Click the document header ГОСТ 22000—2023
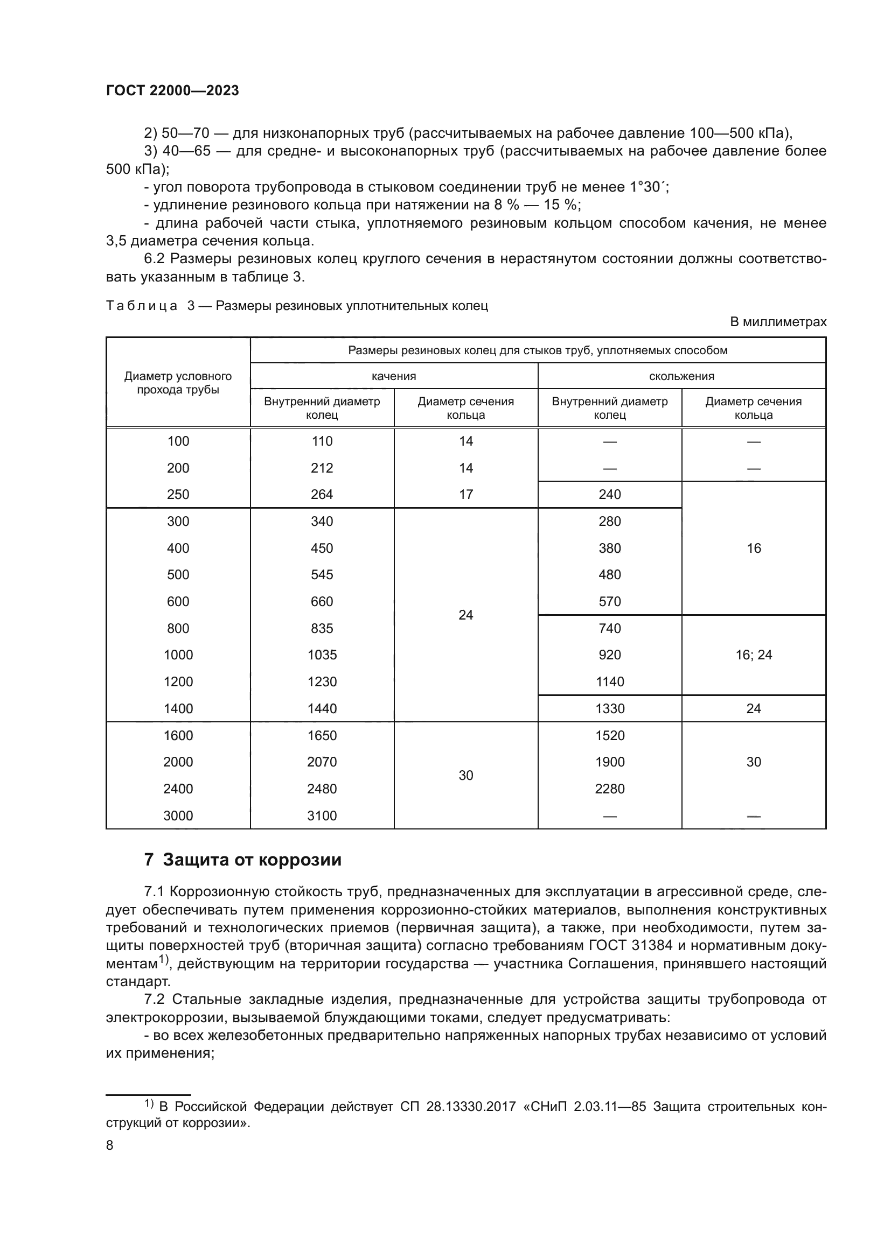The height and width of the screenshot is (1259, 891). tap(172, 91)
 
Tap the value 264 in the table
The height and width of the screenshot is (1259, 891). tap(322, 495)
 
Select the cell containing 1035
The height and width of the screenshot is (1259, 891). tap(322, 655)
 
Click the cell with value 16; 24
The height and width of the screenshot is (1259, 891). tap(753, 655)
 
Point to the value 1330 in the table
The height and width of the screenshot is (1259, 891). tap(610, 708)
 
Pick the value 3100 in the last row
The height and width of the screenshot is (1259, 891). tap(322, 815)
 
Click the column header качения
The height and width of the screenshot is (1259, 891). tap(393, 376)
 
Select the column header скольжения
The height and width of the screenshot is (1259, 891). tap(681, 376)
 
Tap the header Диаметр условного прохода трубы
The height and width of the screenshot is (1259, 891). tap(178, 383)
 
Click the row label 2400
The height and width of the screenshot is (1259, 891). tap(178, 789)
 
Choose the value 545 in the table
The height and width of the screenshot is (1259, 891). tap(322, 575)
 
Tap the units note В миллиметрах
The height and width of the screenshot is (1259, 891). tap(777, 322)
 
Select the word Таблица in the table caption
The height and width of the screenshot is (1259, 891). tap(142, 306)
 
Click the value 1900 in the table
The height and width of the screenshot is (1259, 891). tap(610, 762)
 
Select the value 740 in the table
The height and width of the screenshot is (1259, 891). tap(610, 628)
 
